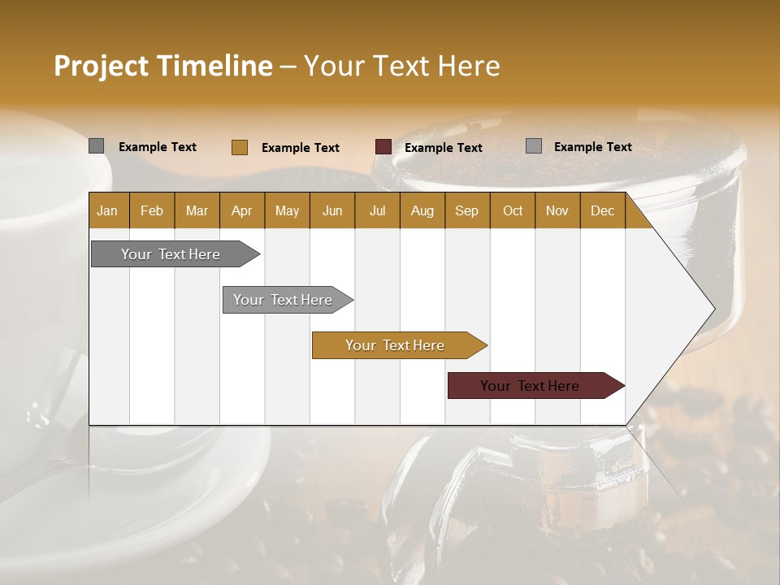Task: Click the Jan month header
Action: coord(107,210)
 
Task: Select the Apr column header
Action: coord(241,210)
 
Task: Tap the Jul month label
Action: coord(377,210)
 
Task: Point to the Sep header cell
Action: coord(466,210)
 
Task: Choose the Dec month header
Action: coord(602,210)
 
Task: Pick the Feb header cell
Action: coord(152,210)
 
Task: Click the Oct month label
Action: coord(513,210)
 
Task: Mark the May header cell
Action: coord(287,210)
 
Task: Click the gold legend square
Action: coord(240,147)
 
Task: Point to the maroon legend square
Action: coord(383,147)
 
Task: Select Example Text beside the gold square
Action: coord(301,148)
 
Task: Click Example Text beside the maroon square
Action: coord(444,148)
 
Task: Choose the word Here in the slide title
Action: coord(470,66)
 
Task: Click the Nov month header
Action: coord(557,210)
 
